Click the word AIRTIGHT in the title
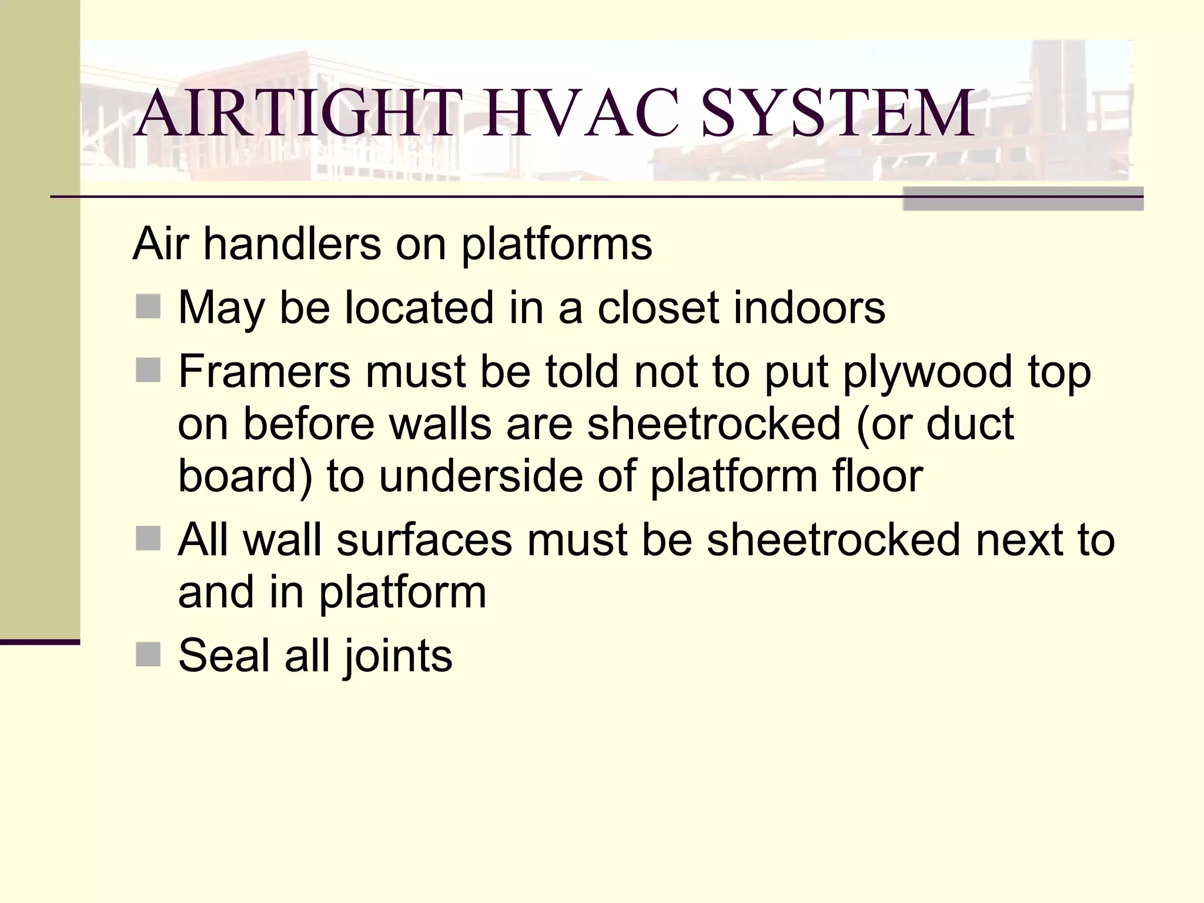[x=294, y=112]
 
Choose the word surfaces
[x=424, y=539]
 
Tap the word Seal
[x=224, y=655]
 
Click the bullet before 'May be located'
[x=148, y=307]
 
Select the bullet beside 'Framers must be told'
[x=148, y=371]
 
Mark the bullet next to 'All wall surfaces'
[x=148, y=539]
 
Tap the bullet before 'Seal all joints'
[x=148, y=655]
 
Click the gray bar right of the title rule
[x=1023, y=199]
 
